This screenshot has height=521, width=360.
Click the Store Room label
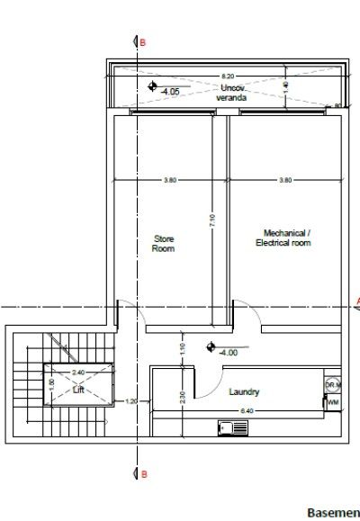pos(164,243)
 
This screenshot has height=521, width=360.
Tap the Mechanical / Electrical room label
pos(283,238)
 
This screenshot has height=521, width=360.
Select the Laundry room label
pos(244,392)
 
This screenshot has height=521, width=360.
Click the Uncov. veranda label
pos(234,92)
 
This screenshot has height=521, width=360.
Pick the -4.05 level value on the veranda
pos(170,92)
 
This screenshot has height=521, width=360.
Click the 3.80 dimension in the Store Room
pos(170,180)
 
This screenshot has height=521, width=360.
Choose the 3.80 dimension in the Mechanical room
pos(285,180)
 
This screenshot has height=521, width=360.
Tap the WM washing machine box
pos(333,402)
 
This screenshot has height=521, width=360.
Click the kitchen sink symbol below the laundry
pos(225,428)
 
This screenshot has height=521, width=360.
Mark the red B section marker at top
pos(138,42)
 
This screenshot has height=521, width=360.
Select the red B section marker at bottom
pos(139,472)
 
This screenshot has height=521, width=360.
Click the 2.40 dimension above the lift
pos(78,372)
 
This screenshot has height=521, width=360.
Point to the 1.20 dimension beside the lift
pos(130,401)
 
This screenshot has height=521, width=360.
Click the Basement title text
pos(333,512)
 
